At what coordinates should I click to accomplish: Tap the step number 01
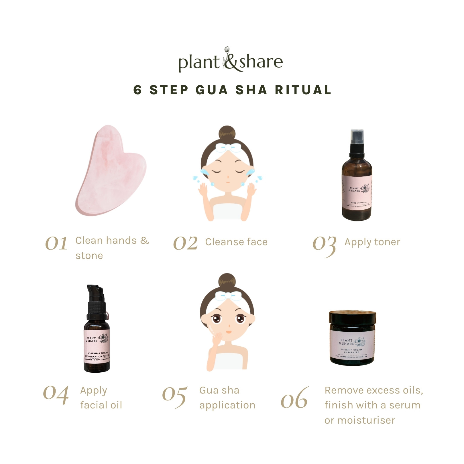click(56, 243)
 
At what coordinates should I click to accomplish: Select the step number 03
click(324, 245)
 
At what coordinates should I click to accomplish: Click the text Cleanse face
click(236, 242)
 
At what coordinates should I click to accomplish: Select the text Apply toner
click(372, 242)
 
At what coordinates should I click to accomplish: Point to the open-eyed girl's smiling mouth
click(228, 332)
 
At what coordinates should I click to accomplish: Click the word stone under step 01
click(89, 255)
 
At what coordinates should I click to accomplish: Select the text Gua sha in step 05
click(219, 390)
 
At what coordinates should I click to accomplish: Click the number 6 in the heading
click(137, 90)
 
